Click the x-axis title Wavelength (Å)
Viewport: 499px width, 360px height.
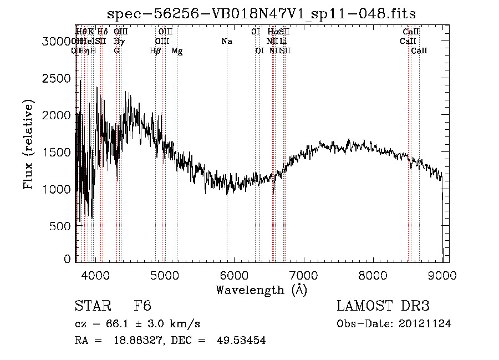tap(261, 290)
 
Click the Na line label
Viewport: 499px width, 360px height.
tap(226, 41)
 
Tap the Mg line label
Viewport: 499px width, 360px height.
tap(177, 51)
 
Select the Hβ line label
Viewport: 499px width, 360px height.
tap(155, 51)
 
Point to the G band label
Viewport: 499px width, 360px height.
tap(116, 51)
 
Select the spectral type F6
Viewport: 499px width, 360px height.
tap(142, 306)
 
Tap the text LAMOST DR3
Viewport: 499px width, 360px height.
tap(383, 306)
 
